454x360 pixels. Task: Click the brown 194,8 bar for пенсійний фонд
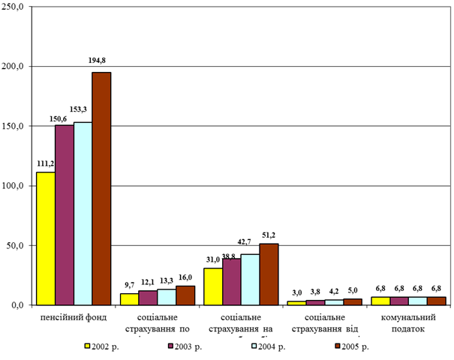tap(101, 188)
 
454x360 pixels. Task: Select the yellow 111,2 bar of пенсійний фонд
tap(46, 238)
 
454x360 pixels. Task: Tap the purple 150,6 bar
tap(65, 214)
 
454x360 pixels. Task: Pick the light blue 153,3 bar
tap(83, 213)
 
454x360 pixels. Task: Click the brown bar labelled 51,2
tap(268, 274)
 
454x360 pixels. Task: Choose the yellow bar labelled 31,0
tap(212, 286)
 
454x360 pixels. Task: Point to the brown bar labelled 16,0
tap(185, 295)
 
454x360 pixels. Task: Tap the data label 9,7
tap(128, 285)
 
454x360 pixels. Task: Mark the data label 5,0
tap(352, 290)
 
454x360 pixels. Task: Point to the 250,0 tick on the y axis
tap(14, 7)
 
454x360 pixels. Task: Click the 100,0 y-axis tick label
tap(14, 186)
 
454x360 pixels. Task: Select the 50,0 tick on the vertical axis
tap(17, 245)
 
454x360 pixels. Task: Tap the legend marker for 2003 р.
tap(172, 346)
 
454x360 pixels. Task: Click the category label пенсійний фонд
tap(74, 316)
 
